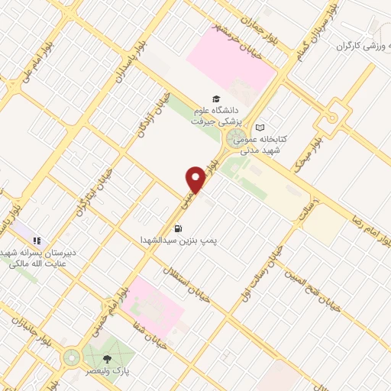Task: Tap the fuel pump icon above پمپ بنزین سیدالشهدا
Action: (x=179, y=228)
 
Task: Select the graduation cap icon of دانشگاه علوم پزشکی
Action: (x=216, y=99)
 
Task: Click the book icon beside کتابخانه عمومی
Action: (x=261, y=128)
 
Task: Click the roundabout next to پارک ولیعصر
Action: (x=71, y=357)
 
